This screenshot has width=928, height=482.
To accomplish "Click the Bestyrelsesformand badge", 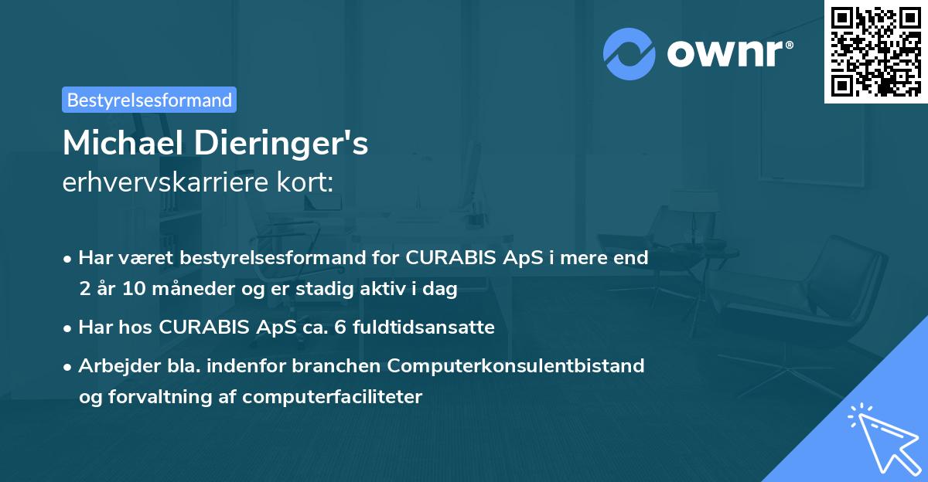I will point(149,100).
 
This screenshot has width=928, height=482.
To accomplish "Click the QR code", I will point(875,51).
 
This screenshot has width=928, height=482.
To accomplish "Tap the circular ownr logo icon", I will point(629,53).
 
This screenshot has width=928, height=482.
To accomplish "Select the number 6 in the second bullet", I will point(342,328).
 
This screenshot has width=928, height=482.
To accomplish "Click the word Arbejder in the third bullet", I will point(113,365).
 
